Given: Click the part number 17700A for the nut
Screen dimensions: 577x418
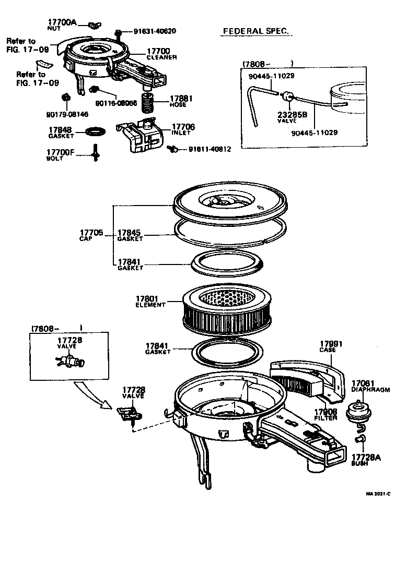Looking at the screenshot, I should (x=62, y=22).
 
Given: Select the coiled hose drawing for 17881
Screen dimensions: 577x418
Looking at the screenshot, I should (x=148, y=102).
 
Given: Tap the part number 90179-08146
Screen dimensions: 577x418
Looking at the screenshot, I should (x=64, y=114).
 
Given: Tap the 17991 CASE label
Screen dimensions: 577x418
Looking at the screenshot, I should (x=330, y=346).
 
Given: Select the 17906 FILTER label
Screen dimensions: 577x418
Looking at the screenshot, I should (x=326, y=414).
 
